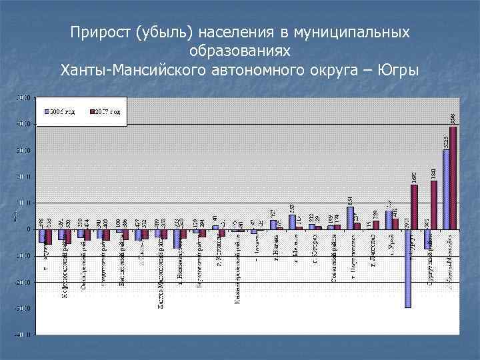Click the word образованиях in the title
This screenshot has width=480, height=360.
pos(239,51)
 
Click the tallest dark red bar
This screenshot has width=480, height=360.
pos(453,178)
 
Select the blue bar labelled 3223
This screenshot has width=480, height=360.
pos(446,189)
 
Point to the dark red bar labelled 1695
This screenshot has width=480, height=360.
pos(415,207)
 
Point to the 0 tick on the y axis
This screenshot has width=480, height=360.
pos(27,229)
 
